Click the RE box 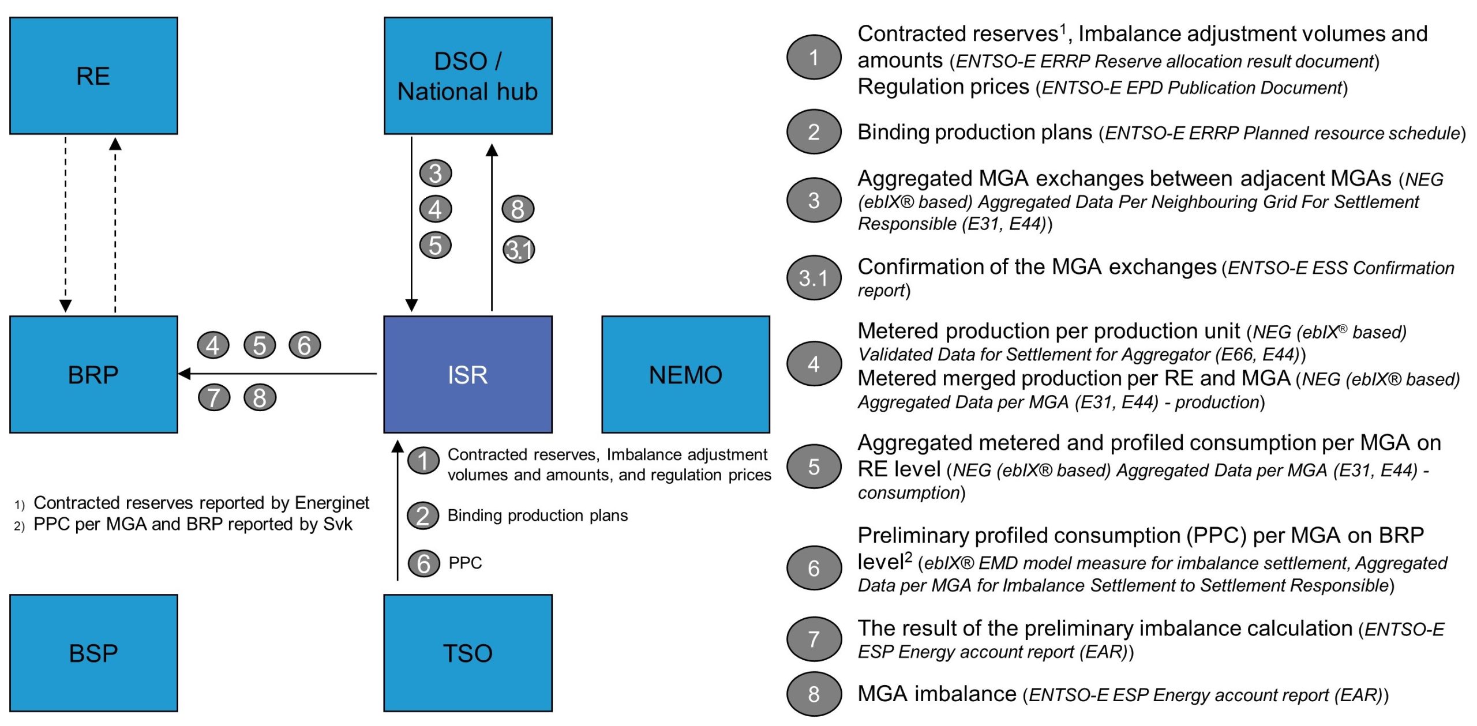93,76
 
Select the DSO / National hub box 468,76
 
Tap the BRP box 93,374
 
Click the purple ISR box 468,374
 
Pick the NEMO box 685,374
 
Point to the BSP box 93,653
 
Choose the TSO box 468,653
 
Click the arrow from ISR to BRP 278,374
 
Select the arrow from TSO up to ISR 398,510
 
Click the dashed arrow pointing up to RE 115,225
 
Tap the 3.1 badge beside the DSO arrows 519,250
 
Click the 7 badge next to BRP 214,397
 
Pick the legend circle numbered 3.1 814,277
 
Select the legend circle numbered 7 814,638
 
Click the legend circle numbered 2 814,131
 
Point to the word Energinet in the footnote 332,503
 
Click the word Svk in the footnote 338,524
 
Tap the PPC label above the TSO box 465,562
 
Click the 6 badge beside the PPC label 424,563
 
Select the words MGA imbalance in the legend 937,693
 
